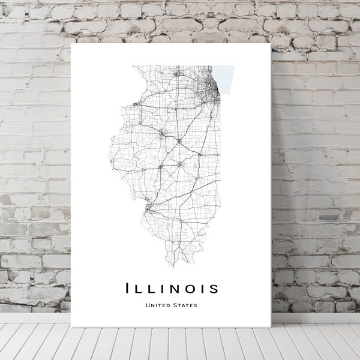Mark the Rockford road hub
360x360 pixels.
(176, 74)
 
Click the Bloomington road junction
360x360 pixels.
(179, 141)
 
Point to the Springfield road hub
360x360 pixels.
(160, 166)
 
